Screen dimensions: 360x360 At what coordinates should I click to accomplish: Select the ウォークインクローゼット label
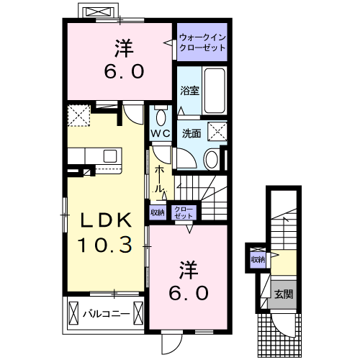pyautogui.click(x=202, y=42)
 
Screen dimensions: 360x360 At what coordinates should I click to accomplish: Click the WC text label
pyautogui.click(x=160, y=135)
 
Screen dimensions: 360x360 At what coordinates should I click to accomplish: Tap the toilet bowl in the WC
pyautogui.click(x=161, y=118)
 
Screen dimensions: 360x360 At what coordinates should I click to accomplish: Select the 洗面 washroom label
pyautogui.click(x=190, y=133)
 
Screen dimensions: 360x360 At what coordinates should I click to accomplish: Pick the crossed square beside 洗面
pyautogui.click(x=217, y=131)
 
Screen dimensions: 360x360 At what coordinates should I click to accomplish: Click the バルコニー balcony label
pyautogui.click(x=105, y=314)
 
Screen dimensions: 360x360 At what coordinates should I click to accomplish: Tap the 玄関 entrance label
pyautogui.click(x=282, y=294)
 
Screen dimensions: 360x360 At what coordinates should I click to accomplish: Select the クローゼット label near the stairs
pyautogui.click(x=184, y=212)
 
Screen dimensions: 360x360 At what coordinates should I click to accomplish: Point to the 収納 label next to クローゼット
pyautogui.click(x=158, y=212)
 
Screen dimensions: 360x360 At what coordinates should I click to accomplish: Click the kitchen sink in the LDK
pyautogui.click(x=110, y=156)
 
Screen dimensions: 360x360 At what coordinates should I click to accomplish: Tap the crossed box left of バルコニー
pyautogui.click(x=75, y=314)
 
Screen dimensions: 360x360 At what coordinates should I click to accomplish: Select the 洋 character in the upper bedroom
pyautogui.click(x=122, y=48)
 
